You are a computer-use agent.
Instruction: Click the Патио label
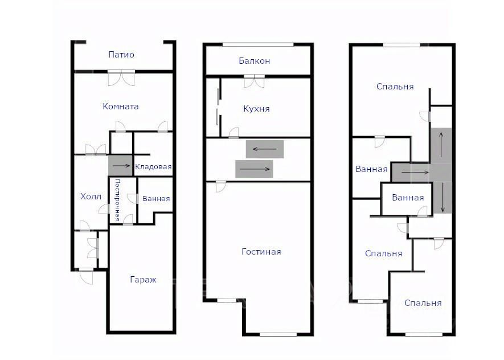coord(121,55)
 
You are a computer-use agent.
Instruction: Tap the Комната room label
coord(121,107)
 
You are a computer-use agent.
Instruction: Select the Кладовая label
coord(153,167)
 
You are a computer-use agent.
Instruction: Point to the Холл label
coord(91,197)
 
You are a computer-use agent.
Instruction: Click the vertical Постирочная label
coord(117,201)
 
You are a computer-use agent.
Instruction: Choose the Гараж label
coord(144,280)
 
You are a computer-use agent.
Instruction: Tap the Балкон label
coord(254,61)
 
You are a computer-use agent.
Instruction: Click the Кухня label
coord(256,109)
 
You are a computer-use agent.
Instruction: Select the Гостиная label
coord(261,251)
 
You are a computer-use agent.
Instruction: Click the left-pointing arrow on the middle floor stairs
coord(265,149)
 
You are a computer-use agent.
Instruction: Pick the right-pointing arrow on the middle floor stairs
coord(255,169)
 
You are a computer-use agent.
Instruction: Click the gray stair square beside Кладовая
coord(120,166)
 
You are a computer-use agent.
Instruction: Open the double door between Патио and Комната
coord(121,78)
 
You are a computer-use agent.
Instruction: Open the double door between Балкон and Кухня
coord(254,81)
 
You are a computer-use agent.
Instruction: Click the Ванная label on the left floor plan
coord(156,199)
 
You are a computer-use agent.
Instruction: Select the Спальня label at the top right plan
coord(395,87)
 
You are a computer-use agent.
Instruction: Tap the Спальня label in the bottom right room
coord(423,303)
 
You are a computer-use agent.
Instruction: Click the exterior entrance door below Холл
coord(86,276)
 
